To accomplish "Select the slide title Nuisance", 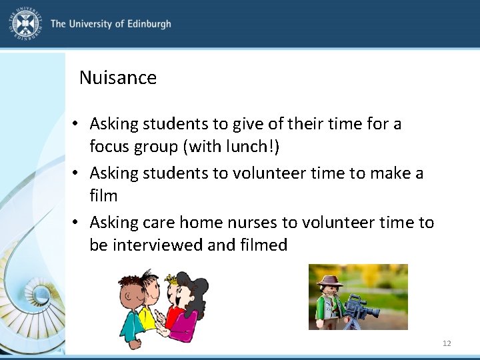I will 118,78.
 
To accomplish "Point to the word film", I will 103,196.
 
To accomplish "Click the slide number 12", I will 447,343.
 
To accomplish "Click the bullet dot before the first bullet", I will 79,124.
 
